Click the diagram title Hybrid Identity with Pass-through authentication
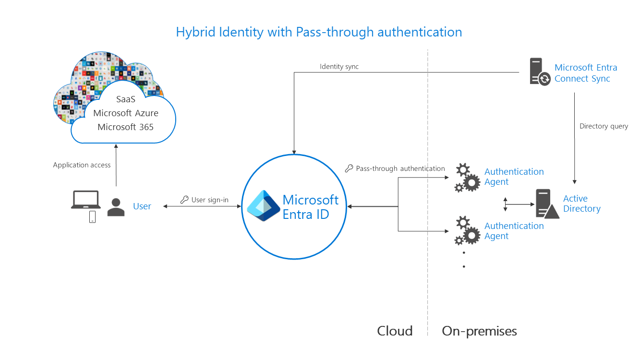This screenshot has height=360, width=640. coord(319,32)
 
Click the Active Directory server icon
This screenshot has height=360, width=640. coord(546,204)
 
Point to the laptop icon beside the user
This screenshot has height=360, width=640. coord(85,200)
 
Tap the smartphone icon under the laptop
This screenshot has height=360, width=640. coord(92,217)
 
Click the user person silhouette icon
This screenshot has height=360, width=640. coord(116,207)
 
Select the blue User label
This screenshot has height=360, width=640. coord(142,206)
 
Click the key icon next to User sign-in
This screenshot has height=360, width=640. coord(184,200)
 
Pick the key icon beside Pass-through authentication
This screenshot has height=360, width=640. coord(349,168)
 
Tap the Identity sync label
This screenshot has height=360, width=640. coord(339,67)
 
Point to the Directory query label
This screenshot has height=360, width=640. coord(604,126)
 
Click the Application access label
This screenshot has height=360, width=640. coord(82,165)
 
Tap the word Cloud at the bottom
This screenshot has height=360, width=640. coord(395,331)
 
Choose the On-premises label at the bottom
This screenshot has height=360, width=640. coord(479,331)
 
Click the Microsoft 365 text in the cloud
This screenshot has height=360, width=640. coord(126,127)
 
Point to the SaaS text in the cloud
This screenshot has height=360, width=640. coord(126,99)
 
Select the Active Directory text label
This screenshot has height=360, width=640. coord(581,204)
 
